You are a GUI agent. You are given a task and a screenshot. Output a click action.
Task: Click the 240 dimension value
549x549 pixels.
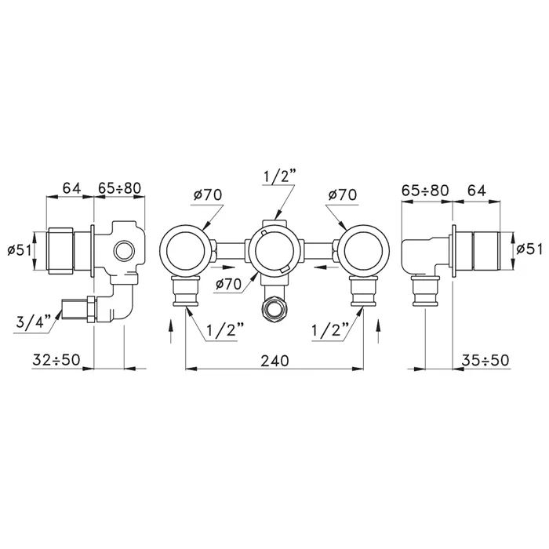pyautogui.click(x=274, y=360)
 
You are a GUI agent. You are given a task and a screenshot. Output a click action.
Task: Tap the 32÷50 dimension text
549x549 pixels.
pyautogui.click(x=56, y=359)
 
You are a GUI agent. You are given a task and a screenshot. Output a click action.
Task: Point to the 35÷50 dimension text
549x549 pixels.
pyautogui.click(x=485, y=360)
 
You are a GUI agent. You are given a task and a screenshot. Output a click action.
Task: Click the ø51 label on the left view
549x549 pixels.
pyautogui.click(x=20, y=250)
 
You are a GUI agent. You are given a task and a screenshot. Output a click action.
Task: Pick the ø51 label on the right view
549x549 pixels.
pyautogui.click(x=529, y=249)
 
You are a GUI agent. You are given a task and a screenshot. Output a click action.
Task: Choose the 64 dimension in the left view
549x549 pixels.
pyautogui.click(x=72, y=188)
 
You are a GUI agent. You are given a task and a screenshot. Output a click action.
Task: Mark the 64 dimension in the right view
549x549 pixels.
pyautogui.click(x=477, y=191)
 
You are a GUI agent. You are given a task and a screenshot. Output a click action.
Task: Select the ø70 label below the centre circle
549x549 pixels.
pyautogui.click(x=229, y=284)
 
